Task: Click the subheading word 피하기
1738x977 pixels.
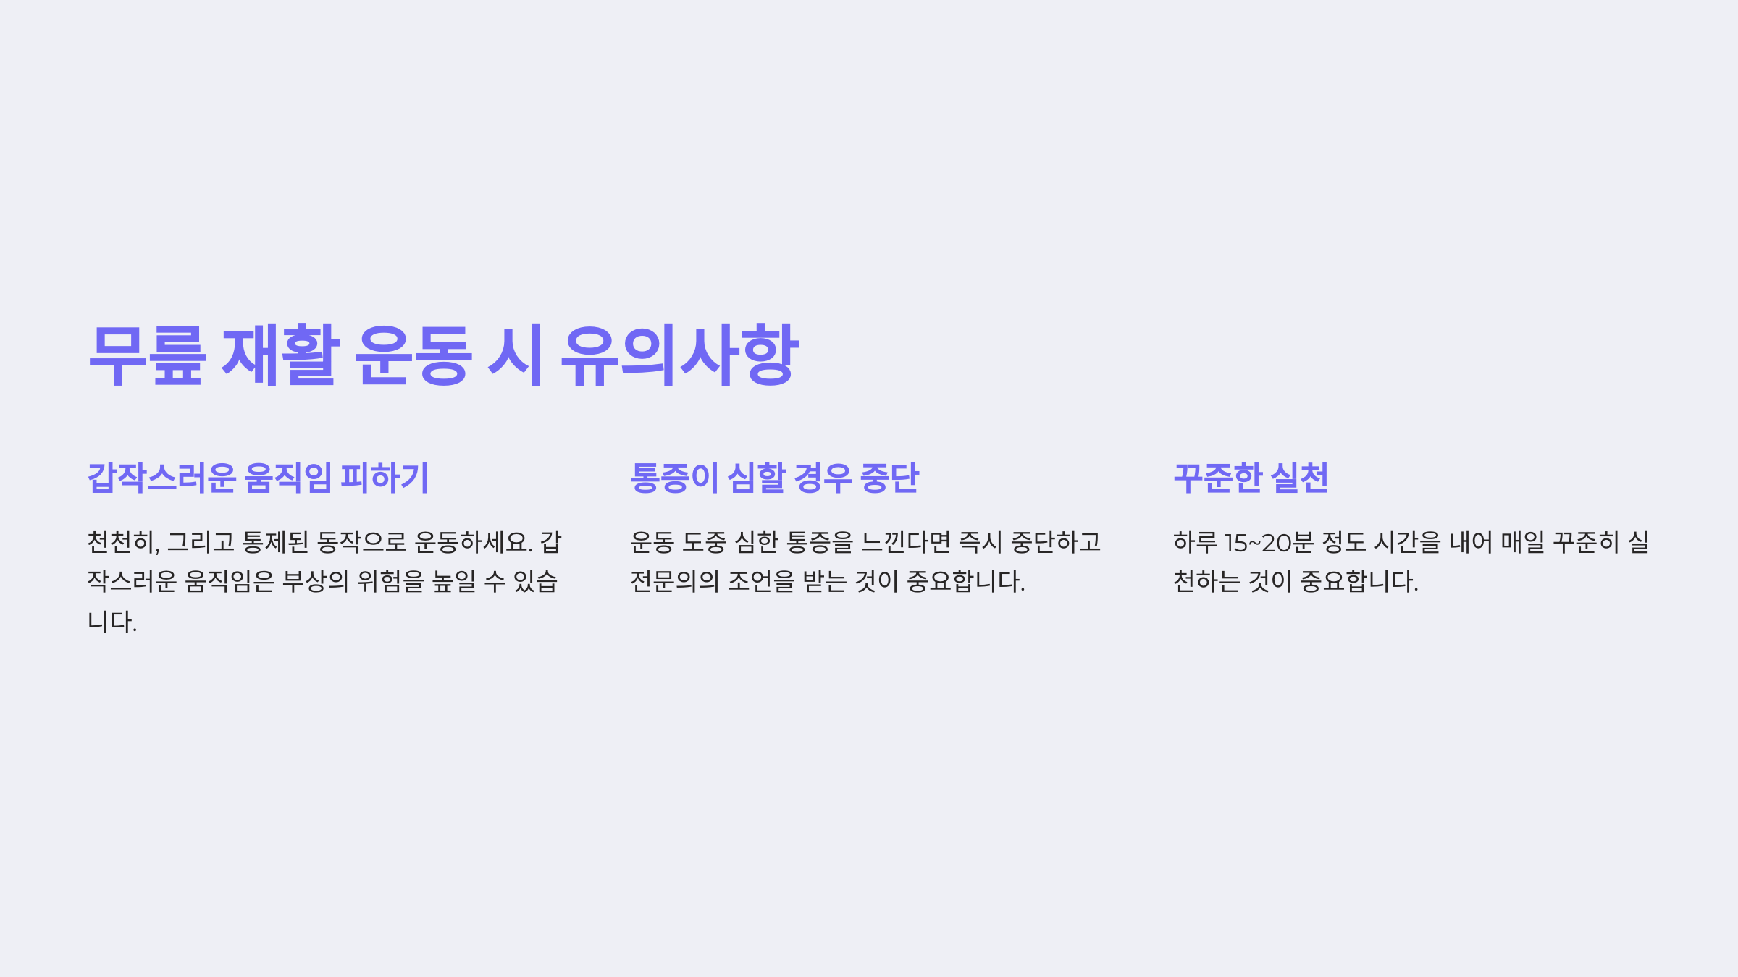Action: [385, 478]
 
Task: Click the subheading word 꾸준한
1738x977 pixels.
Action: [1218, 478]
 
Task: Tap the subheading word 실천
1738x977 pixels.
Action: [1300, 478]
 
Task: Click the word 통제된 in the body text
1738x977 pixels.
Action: [276, 542]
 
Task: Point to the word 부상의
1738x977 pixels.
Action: [315, 581]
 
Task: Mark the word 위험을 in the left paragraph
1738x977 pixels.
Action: [390, 581]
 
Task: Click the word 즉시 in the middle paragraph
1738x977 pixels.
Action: [981, 542]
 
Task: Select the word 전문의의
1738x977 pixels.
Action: [674, 581]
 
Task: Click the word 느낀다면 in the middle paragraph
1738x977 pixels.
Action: [905, 542]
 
